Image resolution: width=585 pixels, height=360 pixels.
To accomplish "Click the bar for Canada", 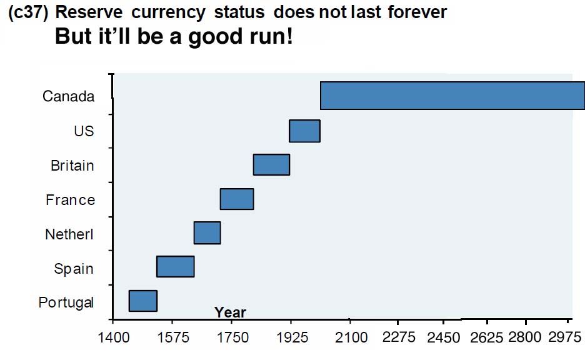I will [x=452, y=96].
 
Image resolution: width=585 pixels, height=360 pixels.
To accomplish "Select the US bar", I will [x=304, y=131].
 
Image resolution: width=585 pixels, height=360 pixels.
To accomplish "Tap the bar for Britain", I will [x=271, y=164].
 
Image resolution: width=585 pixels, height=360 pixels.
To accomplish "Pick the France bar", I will [x=237, y=199].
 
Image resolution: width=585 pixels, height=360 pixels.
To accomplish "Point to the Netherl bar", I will [x=207, y=232].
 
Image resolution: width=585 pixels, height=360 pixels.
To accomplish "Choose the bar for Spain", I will [x=175, y=266].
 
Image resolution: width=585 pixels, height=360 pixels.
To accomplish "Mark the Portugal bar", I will [x=142, y=301].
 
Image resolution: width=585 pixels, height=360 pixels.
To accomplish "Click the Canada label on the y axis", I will [x=69, y=96].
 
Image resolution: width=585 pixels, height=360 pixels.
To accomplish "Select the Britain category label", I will [x=72, y=166].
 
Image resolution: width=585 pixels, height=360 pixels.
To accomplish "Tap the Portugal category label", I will [x=66, y=302].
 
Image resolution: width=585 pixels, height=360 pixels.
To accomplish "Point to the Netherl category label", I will [x=69, y=234].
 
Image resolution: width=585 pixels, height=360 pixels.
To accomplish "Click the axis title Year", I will [x=230, y=312].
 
